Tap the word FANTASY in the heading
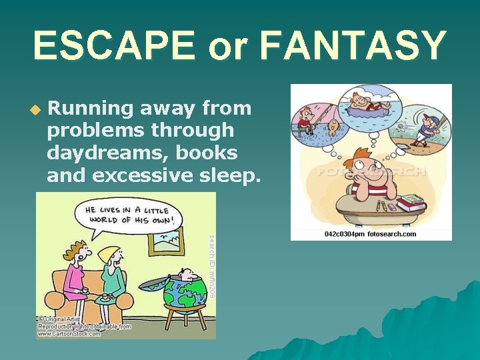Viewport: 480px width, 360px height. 353,45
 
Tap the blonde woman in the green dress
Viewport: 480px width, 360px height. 109,277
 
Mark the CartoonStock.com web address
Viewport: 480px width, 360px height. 69,333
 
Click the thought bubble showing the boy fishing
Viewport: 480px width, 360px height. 315,121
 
